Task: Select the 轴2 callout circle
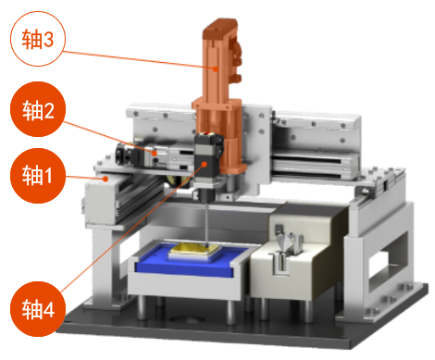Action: pos(38,109)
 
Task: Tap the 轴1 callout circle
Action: pos(38,176)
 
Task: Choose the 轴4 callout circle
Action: pos(38,309)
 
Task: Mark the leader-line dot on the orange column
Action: pos(216,68)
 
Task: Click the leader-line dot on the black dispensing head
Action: pos(204,164)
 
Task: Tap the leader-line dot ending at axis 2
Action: pos(155,153)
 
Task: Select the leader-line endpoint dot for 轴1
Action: pos(106,179)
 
